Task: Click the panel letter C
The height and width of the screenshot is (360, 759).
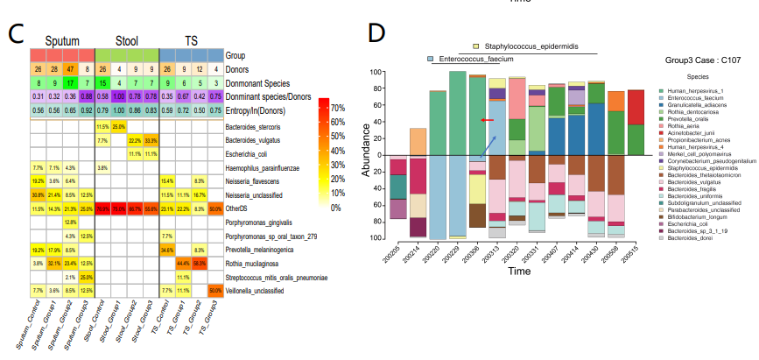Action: click(16, 34)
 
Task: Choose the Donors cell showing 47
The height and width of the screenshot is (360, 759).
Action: click(69, 68)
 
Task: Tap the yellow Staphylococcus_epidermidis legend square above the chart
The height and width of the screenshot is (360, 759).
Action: click(475, 46)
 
